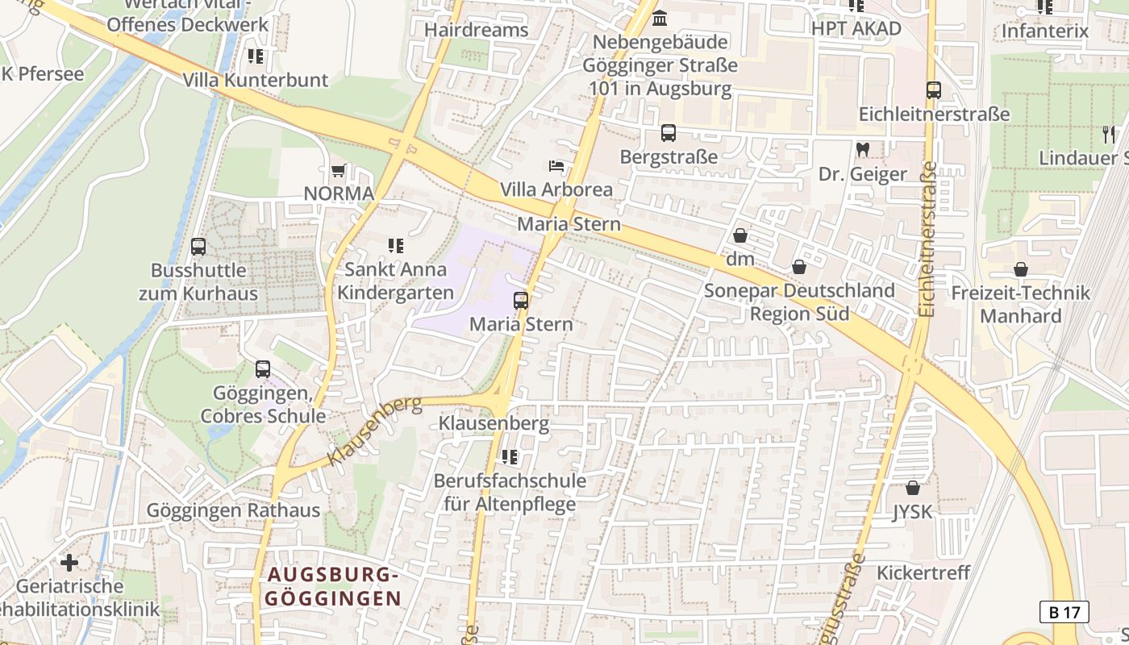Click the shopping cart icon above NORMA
[339, 171]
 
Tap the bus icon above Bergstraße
[668, 133]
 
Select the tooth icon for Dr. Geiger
[862, 150]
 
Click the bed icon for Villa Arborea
[556, 166]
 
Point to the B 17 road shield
[1064, 612]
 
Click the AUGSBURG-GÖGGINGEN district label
[334, 587]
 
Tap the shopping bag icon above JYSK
[913, 488]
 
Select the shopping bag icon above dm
[739, 235]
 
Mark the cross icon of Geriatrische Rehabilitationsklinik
[69, 562]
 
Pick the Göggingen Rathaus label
[233, 510]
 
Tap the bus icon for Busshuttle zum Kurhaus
[198, 247]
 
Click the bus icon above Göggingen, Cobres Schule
[263, 369]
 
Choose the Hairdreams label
[476, 31]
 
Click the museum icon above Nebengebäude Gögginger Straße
[660, 18]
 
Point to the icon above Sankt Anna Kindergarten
[395, 245]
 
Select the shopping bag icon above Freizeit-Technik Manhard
[1021, 269]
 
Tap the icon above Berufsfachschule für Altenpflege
[509, 457]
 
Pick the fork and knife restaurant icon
[1109, 134]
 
